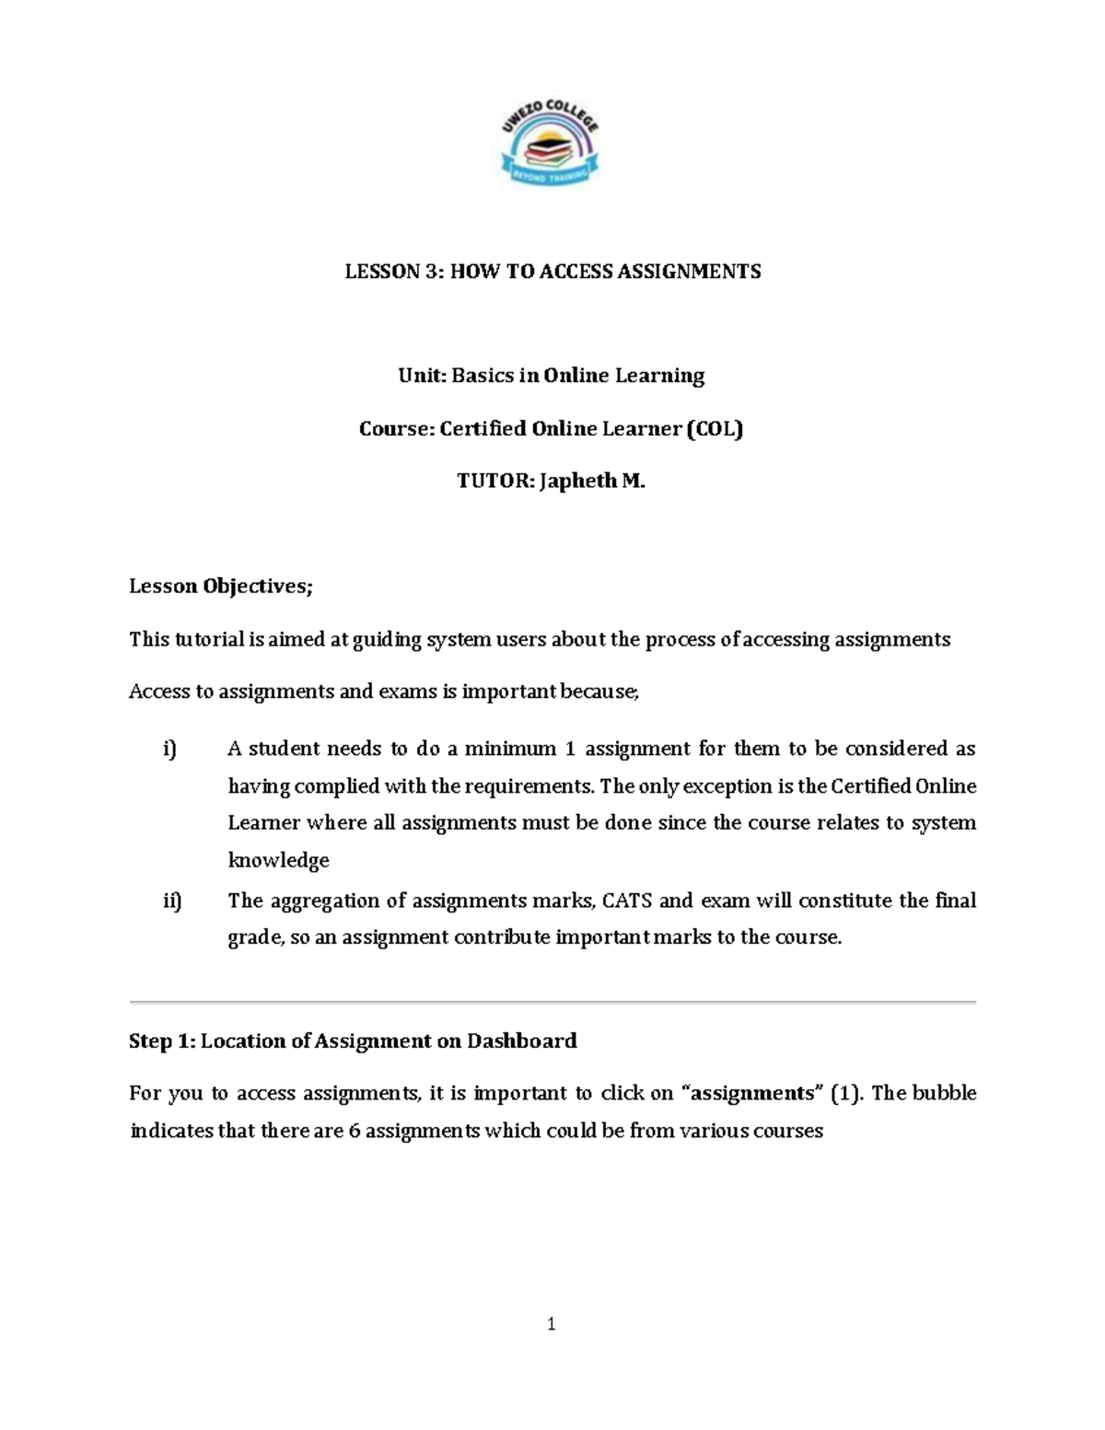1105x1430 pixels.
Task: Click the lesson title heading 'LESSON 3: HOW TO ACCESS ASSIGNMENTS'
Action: tap(552, 271)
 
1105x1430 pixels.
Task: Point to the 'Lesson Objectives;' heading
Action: tap(221, 587)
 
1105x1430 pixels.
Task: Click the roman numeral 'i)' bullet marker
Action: tap(169, 749)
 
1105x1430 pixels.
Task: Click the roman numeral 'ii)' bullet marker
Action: tap(172, 901)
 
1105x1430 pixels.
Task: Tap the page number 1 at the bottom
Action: tap(552, 1325)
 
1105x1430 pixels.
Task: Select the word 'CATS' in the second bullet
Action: tap(627, 901)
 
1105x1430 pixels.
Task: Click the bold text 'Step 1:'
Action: tap(162, 1041)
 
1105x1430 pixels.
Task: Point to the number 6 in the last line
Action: tap(354, 1131)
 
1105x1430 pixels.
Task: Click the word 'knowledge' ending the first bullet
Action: tap(278, 860)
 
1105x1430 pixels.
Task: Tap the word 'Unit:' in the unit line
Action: tap(422, 376)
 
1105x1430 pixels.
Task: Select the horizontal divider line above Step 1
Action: tap(552, 1001)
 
